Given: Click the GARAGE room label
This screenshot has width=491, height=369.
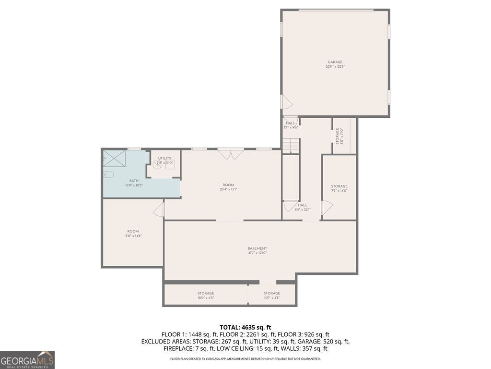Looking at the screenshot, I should coord(335,62).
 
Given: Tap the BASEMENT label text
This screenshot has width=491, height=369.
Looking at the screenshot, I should coord(257,248).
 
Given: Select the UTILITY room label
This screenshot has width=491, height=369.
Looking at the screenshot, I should coord(164,158).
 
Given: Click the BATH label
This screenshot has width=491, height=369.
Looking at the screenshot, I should coord(134,181).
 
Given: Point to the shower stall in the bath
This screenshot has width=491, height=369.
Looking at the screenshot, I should coord(115,158).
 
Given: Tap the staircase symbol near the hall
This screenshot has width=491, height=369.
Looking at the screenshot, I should coord(291,145).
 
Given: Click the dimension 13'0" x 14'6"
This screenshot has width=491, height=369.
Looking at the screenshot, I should coord(133,236).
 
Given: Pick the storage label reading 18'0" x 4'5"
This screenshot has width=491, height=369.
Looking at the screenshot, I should coord(206,298).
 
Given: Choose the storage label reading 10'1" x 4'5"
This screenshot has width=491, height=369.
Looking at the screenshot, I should coord(271,298).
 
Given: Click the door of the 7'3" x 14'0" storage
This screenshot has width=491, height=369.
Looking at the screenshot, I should coord(327,208).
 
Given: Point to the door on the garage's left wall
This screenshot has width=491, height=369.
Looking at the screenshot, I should coord(286,102).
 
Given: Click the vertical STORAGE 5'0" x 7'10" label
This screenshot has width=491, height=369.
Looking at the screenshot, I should coord(339,136).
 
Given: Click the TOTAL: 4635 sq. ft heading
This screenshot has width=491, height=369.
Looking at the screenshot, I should coord(245,327).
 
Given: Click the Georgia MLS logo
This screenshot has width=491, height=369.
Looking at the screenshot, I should coord(27,360).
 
